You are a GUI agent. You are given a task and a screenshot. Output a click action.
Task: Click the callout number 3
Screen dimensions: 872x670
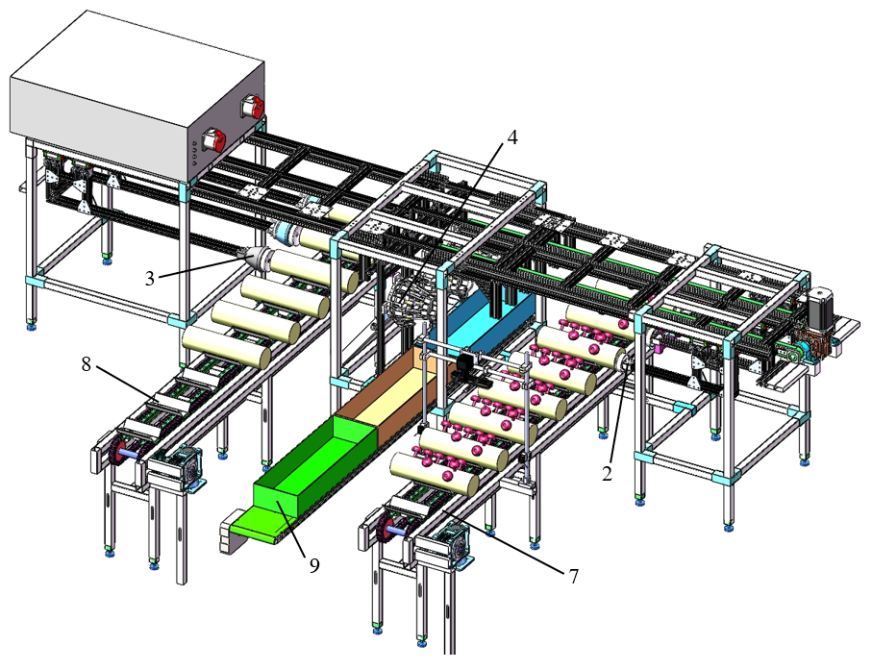point(150,278)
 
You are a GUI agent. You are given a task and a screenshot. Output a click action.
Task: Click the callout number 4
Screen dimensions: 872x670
point(512,136)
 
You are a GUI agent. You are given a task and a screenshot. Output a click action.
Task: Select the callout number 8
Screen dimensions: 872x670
point(87,364)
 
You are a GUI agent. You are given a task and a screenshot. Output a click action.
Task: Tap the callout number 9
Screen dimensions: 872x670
point(314,565)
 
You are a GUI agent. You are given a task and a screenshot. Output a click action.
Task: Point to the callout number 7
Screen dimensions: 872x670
point(573,577)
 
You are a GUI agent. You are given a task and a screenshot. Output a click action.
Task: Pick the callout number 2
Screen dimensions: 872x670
point(607,474)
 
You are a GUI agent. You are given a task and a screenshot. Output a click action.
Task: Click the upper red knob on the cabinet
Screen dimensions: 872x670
point(253,107)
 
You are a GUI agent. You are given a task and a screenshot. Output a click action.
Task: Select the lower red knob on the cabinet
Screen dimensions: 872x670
point(214,139)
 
